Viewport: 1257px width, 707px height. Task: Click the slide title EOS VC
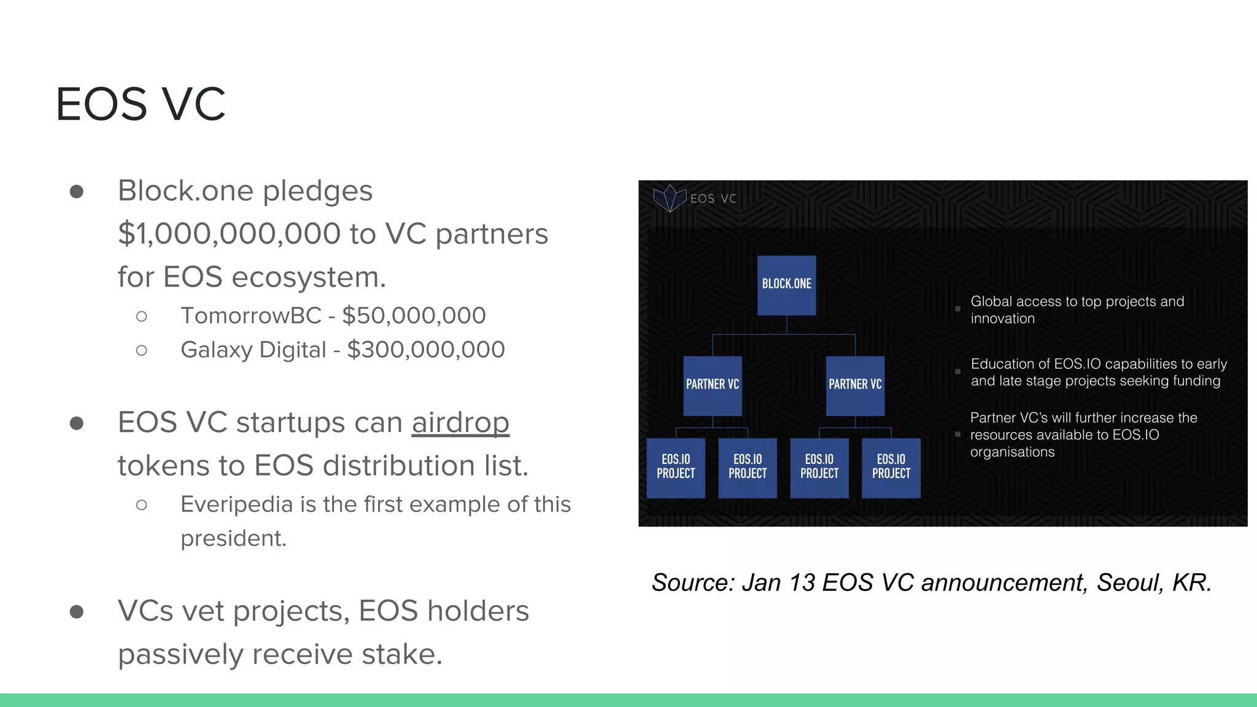pyautogui.click(x=141, y=104)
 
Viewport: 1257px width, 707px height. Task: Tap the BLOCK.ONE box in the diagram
pyautogui.click(x=786, y=285)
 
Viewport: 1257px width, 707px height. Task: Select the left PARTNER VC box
pyautogui.click(x=713, y=385)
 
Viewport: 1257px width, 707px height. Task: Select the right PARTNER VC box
pyautogui.click(x=855, y=385)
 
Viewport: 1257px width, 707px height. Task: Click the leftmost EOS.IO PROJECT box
pyautogui.click(x=676, y=468)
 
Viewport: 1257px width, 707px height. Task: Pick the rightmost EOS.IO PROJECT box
pyautogui.click(x=891, y=468)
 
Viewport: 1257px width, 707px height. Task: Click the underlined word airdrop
pyautogui.click(x=460, y=423)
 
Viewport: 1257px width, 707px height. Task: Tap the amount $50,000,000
pyautogui.click(x=414, y=316)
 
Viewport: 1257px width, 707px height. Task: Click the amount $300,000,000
pyautogui.click(x=426, y=350)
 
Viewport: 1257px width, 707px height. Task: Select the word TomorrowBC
pyautogui.click(x=250, y=316)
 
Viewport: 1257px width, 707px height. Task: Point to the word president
pyautogui.click(x=233, y=538)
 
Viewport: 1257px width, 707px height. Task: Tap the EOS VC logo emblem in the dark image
pyautogui.click(x=669, y=198)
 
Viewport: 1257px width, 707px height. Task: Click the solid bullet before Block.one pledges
pyautogui.click(x=77, y=192)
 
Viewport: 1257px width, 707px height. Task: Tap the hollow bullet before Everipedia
pyautogui.click(x=142, y=505)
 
